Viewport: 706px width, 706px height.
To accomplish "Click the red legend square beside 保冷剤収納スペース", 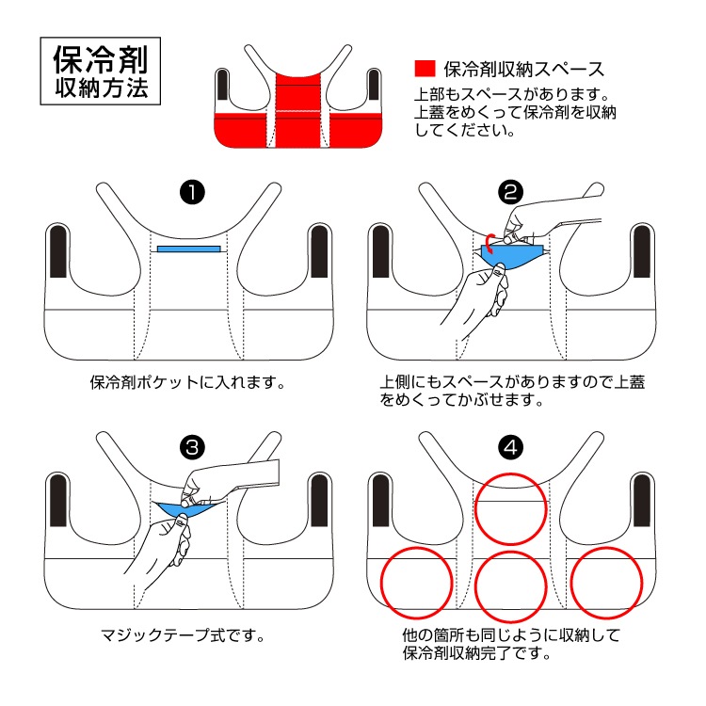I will point(425,69).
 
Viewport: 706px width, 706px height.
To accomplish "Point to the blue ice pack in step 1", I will point(189,249).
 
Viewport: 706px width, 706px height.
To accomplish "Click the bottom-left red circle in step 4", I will point(415,580).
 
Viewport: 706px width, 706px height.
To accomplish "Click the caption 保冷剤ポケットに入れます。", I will point(186,384).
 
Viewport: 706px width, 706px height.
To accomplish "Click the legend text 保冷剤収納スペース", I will point(522,69).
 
